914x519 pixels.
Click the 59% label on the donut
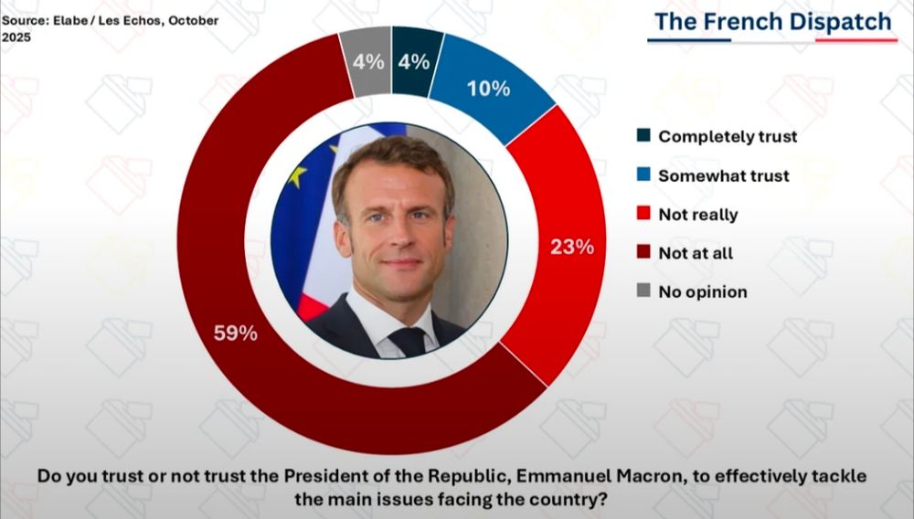coord(236,334)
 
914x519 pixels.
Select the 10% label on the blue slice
coord(488,89)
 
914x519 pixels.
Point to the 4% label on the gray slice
coord(367,63)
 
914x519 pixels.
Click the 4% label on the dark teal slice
coord(413,63)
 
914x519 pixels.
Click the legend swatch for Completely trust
coord(643,136)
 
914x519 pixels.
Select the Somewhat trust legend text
coord(724,175)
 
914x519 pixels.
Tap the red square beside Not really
coord(643,215)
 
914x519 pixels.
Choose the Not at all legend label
coord(696,253)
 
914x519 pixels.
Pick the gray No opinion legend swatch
coord(643,292)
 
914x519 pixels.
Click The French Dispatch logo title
coord(773,22)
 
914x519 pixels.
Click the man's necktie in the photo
coord(409,342)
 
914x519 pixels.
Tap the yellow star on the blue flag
coord(295,175)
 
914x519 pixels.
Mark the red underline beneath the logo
coord(850,40)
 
